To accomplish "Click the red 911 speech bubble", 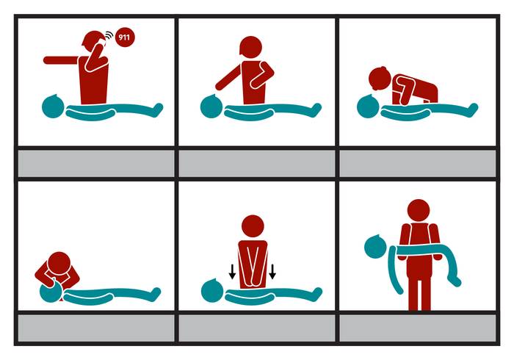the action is (x=125, y=37).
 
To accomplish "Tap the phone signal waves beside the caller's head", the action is (x=109, y=35).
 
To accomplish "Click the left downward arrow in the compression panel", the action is (x=232, y=272).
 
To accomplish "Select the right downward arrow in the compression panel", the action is (x=272, y=272).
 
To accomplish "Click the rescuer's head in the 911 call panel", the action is (x=93, y=41).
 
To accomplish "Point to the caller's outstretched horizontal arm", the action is (x=61, y=60).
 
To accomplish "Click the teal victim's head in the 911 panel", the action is (x=53, y=106).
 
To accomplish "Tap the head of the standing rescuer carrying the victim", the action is (x=419, y=211).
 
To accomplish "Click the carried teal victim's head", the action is (x=376, y=246).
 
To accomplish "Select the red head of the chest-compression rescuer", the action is (x=253, y=226).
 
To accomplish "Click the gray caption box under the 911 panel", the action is (x=96, y=163).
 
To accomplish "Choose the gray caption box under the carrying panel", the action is (x=418, y=328).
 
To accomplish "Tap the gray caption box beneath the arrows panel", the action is (x=257, y=328).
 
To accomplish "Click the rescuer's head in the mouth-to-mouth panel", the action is (x=59, y=263).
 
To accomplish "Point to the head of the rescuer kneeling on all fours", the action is (x=380, y=79).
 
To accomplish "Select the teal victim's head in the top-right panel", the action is (x=368, y=106).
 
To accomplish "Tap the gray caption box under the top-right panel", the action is (x=418, y=163).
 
